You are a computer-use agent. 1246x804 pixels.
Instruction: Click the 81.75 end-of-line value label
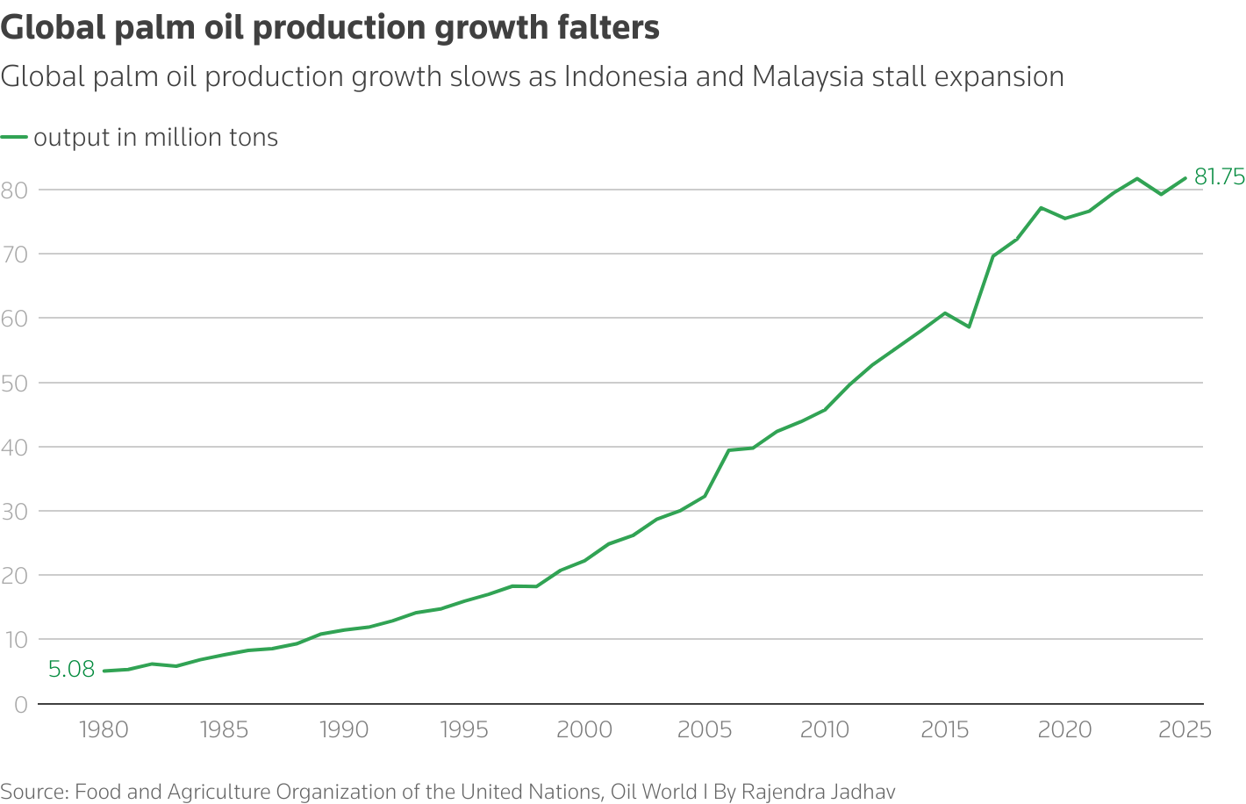1219,177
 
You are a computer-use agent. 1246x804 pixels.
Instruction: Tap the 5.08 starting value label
71,670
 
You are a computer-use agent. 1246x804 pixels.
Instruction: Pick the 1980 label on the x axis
104,730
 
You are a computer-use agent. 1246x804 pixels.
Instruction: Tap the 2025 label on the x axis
1185,730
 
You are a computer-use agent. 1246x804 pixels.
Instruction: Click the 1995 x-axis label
464,730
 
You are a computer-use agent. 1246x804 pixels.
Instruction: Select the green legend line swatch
14,138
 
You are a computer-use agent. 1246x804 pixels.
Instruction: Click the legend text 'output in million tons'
156,138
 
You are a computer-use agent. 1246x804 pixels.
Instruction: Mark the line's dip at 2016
969,327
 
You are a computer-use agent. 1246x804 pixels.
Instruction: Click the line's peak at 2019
1041,208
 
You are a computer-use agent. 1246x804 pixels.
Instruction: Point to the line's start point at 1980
104,671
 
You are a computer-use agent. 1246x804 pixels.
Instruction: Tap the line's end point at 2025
1185,178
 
